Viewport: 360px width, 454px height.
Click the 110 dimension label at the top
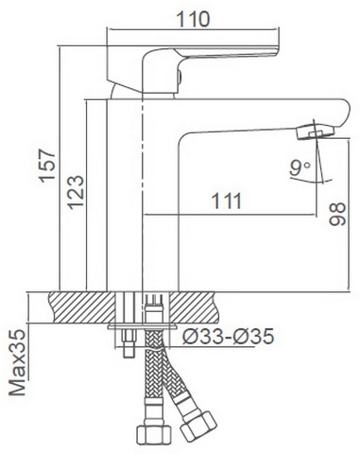click(193, 19)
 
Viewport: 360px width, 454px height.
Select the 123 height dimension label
click(76, 192)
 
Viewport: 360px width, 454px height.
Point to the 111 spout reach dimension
click(227, 201)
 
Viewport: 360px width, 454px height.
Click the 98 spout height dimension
click(337, 214)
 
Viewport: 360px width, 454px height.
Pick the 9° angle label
click(300, 167)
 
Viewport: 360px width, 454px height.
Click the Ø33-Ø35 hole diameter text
click(228, 337)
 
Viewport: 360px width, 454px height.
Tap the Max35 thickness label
click(17, 362)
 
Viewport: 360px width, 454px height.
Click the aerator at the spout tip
click(315, 131)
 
